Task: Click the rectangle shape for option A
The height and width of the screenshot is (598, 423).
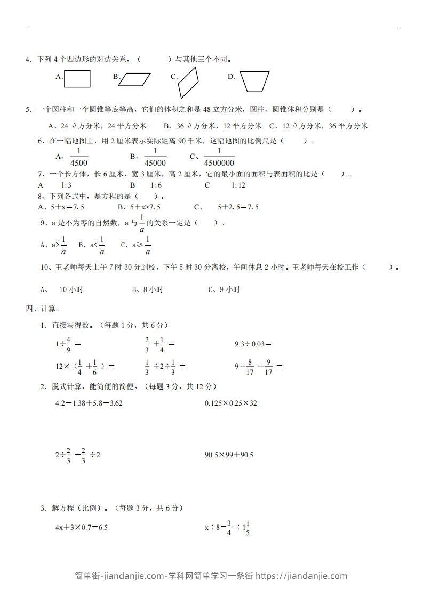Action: click(x=77, y=79)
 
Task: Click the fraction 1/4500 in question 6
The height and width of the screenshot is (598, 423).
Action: click(x=78, y=158)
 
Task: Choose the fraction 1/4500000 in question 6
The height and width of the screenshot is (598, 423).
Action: click(x=219, y=158)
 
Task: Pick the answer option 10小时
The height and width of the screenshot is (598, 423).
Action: click(x=70, y=290)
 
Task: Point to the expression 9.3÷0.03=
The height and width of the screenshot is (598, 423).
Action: click(x=253, y=344)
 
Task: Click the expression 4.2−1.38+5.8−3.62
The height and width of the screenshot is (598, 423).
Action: click(x=89, y=403)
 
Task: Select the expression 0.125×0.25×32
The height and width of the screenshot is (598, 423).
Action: click(x=230, y=403)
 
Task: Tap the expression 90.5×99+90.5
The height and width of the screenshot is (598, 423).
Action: click(x=229, y=455)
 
